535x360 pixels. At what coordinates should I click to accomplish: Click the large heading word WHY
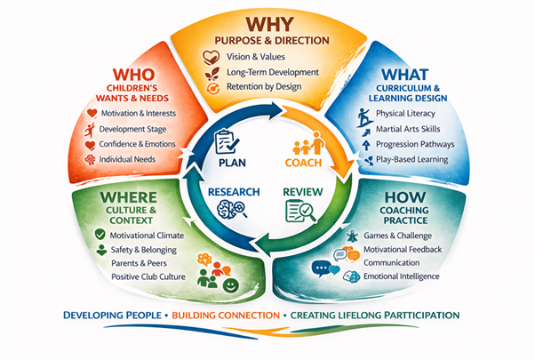tap(270, 25)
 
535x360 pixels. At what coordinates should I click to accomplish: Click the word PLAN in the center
tap(231, 164)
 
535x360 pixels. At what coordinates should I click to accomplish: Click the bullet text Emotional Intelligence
tap(408, 276)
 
